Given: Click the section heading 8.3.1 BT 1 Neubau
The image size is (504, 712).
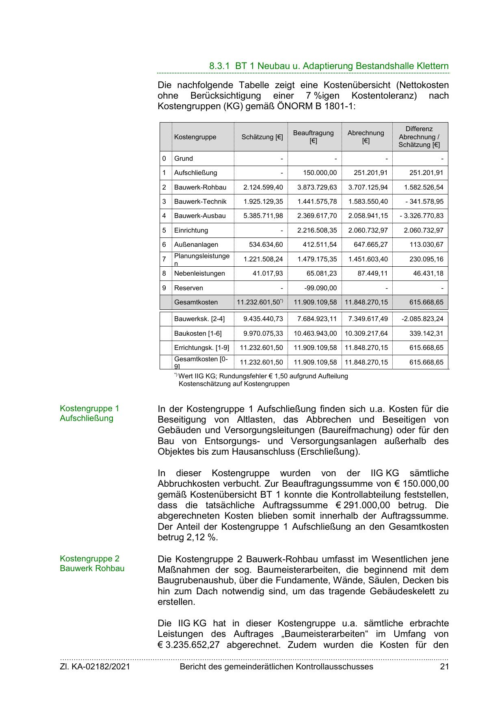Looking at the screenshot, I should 329,66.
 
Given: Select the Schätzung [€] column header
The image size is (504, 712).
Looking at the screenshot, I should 262,137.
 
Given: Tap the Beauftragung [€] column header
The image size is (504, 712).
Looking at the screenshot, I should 313,137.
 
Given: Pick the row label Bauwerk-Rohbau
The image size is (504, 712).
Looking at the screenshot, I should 200,188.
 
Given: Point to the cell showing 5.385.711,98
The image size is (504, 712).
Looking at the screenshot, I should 263,216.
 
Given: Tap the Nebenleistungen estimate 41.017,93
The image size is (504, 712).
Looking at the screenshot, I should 267,274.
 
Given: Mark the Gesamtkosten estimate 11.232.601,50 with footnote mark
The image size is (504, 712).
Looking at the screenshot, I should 260,302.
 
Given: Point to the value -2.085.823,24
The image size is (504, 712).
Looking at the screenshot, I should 422,319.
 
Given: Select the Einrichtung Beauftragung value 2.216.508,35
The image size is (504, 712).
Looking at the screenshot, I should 317,231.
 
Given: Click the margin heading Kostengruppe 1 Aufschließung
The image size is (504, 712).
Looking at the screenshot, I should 89,413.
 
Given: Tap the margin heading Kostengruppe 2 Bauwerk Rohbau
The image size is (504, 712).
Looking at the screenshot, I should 92,563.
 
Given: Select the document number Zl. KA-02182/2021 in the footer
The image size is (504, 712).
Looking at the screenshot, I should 95,667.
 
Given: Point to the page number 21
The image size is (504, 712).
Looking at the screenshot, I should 444,667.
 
